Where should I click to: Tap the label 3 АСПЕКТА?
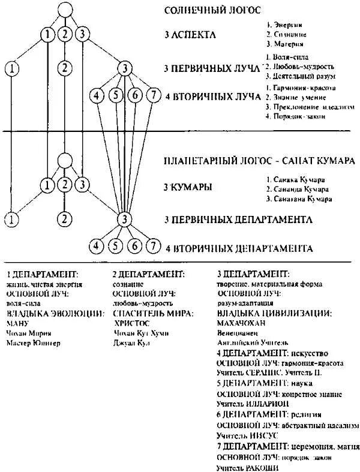(190, 35)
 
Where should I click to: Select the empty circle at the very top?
(64, 11)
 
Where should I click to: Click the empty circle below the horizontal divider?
(64, 160)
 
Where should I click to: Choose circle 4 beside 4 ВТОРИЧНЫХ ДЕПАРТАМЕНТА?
(95, 245)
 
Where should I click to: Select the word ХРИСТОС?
(132, 321)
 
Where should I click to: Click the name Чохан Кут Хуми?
(138, 332)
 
